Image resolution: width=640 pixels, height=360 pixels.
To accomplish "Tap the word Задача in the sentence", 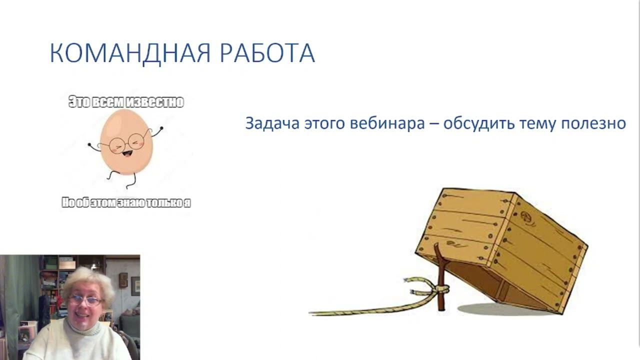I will tap(271, 123).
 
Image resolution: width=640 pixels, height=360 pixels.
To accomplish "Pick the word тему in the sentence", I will tap(539, 123).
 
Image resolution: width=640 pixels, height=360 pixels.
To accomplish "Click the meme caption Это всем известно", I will tap(126, 102).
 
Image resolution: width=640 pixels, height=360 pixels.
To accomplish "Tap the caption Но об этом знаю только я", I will tap(126, 203).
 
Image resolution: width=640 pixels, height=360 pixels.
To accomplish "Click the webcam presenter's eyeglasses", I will tap(86, 300).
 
